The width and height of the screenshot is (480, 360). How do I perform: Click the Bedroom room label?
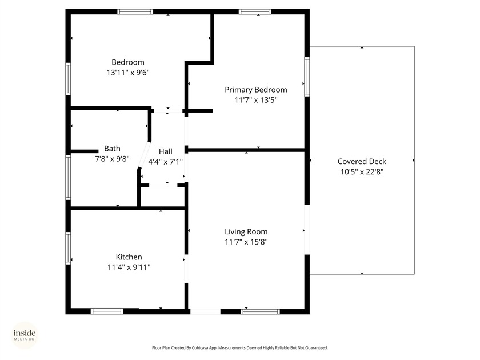pyautogui.click(x=128, y=62)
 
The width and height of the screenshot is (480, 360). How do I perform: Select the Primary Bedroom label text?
pyautogui.click(x=255, y=90)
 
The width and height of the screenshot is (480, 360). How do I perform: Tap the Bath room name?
pyautogui.click(x=112, y=149)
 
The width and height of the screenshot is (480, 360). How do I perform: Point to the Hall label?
pyautogui.click(x=166, y=151)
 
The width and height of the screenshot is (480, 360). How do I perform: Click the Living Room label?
pyautogui.click(x=246, y=231)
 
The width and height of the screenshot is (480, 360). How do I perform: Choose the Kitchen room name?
pyautogui.click(x=129, y=257)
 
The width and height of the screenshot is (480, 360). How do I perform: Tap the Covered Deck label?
pyautogui.click(x=362, y=162)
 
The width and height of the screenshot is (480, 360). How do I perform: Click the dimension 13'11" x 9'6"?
pyautogui.click(x=128, y=73)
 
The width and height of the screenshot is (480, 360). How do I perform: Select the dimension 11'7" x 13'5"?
pyautogui.click(x=255, y=100)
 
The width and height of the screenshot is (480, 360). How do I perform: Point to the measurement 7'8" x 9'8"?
pyautogui.click(x=112, y=158)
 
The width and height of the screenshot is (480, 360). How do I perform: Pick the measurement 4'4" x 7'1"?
pyautogui.click(x=166, y=162)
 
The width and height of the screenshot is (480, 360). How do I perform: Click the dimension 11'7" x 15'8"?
pyautogui.click(x=246, y=242)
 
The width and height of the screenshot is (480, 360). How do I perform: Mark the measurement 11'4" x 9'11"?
pyautogui.click(x=129, y=267)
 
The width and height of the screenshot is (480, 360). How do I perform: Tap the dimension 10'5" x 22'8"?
pyautogui.click(x=362, y=171)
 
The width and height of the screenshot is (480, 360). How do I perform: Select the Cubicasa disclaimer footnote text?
pyautogui.click(x=239, y=347)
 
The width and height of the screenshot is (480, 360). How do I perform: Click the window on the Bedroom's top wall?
pyautogui.click(x=135, y=11)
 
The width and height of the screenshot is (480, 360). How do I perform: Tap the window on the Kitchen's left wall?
pyautogui.click(x=69, y=247)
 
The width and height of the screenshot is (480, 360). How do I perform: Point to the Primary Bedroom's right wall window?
pyautogui.click(x=307, y=76)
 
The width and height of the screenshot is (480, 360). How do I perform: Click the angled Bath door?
pyautogui.click(x=144, y=154)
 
